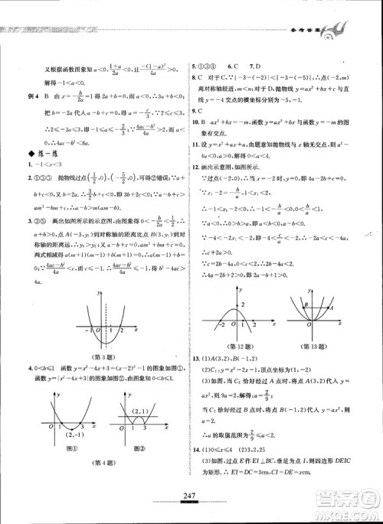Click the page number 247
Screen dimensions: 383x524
[x=191, y=498]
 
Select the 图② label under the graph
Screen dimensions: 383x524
[x=139, y=448]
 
